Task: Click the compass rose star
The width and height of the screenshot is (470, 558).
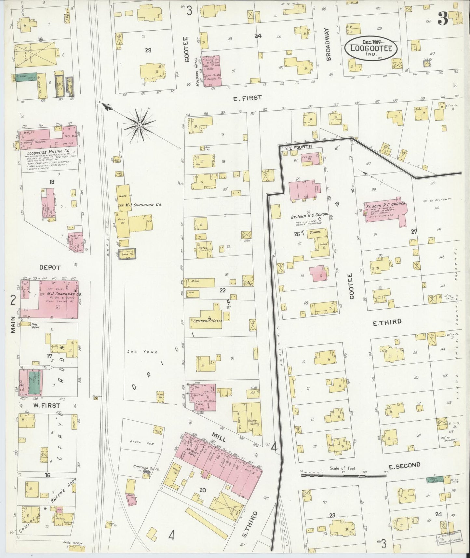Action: (139, 125)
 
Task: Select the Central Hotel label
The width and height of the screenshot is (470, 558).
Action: (207, 321)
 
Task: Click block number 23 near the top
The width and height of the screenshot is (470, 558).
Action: (148, 50)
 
